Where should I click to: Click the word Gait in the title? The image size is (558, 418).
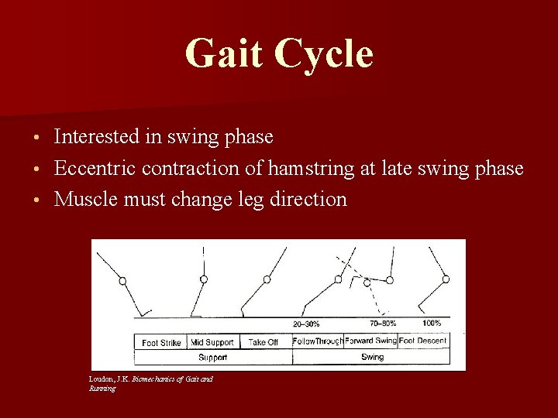click(224, 54)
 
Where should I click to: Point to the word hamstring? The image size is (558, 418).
click(298, 168)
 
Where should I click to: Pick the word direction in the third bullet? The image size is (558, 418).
click(308, 199)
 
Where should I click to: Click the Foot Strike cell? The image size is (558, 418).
click(161, 342)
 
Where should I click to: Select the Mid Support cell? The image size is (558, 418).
click(212, 342)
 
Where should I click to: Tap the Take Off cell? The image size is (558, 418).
click(263, 342)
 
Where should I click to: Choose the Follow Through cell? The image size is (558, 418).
click(318, 341)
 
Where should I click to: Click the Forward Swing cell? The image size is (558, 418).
click(370, 341)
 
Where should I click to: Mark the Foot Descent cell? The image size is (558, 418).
click(423, 341)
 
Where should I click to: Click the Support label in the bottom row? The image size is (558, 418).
click(212, 357)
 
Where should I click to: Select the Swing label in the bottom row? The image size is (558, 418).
click(372, 357)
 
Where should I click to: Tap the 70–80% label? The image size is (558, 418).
click(383, 323)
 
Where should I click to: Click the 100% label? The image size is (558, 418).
click(432, 323)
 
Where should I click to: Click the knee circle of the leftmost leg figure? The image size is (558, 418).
click(122, 282)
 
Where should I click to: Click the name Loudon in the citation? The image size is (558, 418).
click(101, 379)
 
